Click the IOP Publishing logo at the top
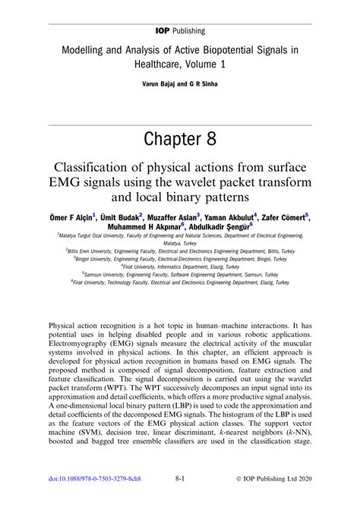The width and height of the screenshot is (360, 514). pos(180,11)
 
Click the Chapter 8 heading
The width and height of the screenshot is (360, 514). pos(180,140)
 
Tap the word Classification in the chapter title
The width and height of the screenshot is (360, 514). pos(100,168)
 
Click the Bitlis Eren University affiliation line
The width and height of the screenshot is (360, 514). pos(179,249)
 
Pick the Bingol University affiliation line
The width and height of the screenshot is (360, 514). pos(180,257)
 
